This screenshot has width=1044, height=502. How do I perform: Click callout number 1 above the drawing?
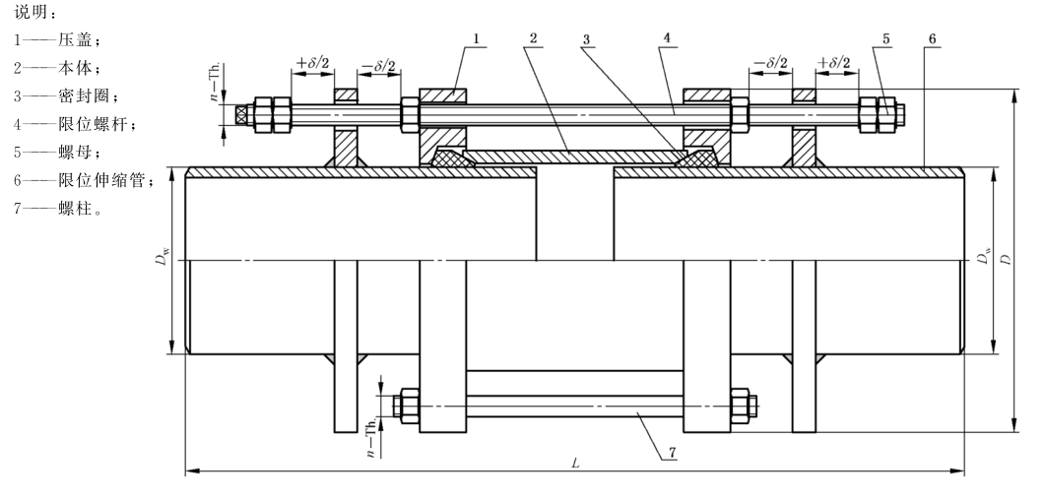coord(477,39)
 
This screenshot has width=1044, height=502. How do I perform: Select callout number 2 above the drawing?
coord(533,39)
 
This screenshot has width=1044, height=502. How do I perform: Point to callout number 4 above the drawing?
coord(667,39)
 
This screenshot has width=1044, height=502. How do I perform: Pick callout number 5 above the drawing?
coord(885,39)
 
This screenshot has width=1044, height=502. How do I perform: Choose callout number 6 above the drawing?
coord(932,39)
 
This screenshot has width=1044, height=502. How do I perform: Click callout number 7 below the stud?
coord(672,452)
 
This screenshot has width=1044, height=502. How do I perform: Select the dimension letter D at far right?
coord(1006,259)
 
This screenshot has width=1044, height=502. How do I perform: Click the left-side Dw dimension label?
coord(162,259)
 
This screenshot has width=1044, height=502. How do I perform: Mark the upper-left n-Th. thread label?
coord(215,83)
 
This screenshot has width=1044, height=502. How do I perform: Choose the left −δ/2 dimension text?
coord(379,67)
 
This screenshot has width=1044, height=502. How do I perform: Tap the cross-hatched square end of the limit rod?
coord(241,115)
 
